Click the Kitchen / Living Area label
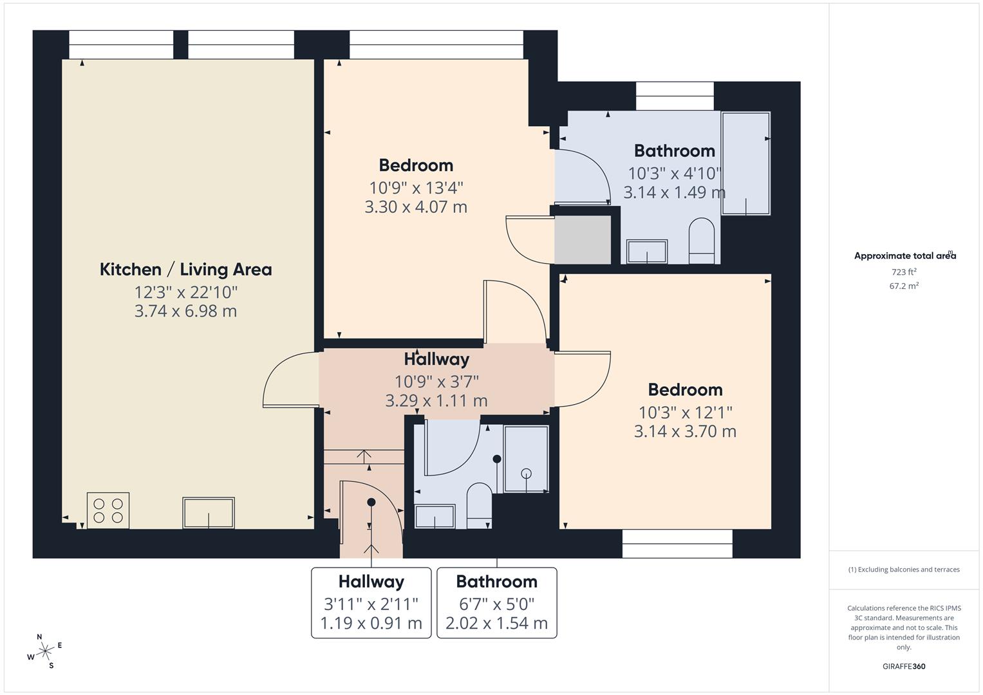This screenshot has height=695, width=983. (185, 269)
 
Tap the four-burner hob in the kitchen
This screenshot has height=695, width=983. (108, 510)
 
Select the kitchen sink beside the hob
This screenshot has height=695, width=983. (208, 513)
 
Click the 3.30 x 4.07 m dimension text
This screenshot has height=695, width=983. (416, 207)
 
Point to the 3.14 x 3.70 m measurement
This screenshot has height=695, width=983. (685, 431)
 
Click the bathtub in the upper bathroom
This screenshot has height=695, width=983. (745, 163)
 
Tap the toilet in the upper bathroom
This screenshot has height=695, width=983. (702, 241)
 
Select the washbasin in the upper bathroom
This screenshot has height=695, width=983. (647, 252)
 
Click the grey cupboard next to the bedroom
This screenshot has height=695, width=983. (583, 239)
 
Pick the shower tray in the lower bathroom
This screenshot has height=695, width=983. (526, 459)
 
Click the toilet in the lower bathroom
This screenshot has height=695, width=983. (478, 504)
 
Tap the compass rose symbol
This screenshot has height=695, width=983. (44, 651)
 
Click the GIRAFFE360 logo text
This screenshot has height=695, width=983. (904, 666)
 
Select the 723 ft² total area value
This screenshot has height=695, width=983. (904, 272)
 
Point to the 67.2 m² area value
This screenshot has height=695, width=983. (904, 286)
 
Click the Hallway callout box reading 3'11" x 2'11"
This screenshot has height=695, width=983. (371, 602)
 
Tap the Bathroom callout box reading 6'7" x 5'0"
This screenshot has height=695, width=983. (496, 602)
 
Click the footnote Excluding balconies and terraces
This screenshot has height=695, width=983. (904, 570)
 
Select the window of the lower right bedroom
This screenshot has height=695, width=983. (677, 543)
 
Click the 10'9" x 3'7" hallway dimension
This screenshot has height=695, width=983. (436, 380)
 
